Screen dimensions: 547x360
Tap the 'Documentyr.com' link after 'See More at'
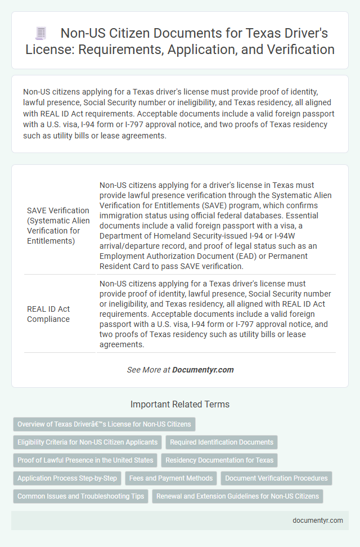point(202,370)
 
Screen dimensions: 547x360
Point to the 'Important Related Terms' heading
point(180,404)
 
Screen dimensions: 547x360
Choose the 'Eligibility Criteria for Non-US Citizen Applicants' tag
point(88,442)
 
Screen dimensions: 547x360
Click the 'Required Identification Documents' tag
point(222,442)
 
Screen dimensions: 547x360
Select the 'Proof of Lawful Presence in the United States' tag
point(85,460)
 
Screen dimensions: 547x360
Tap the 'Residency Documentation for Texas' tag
point(219,460)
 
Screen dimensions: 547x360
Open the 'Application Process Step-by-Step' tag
point(67,478)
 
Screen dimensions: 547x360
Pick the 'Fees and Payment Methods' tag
point(170,478)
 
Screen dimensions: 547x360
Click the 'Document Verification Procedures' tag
point(276,478)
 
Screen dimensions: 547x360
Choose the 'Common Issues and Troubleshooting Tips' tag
point(80,496)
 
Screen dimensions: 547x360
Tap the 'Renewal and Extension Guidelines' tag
point(237,496)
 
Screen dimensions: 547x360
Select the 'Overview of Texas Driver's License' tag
point(104,424)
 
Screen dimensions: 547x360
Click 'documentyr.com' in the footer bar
point(318,521)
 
